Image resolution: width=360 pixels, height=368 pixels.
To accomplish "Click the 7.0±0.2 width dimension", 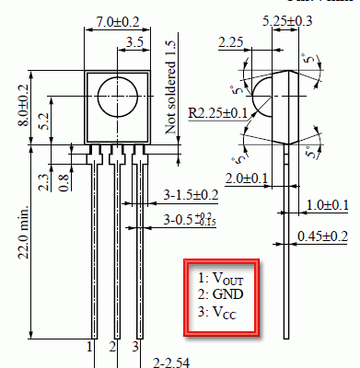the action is click(118, 22).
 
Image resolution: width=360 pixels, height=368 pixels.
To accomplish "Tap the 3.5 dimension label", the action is click(135, 41).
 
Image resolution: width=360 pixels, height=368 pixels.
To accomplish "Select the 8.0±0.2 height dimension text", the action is click(23, 105).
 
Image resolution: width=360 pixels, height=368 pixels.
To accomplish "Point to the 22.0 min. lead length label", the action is click(24, 232).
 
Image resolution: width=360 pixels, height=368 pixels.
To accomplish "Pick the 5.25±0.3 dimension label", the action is click(287, 21).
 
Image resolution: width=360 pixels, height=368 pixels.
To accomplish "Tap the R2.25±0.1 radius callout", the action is click(218, 113).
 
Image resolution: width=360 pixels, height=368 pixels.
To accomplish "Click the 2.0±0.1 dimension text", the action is click(247, 178).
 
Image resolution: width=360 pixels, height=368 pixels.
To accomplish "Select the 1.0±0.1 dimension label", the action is click(328, 205).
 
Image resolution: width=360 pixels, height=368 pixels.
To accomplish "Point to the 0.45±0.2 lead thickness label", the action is click(323, 236).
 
